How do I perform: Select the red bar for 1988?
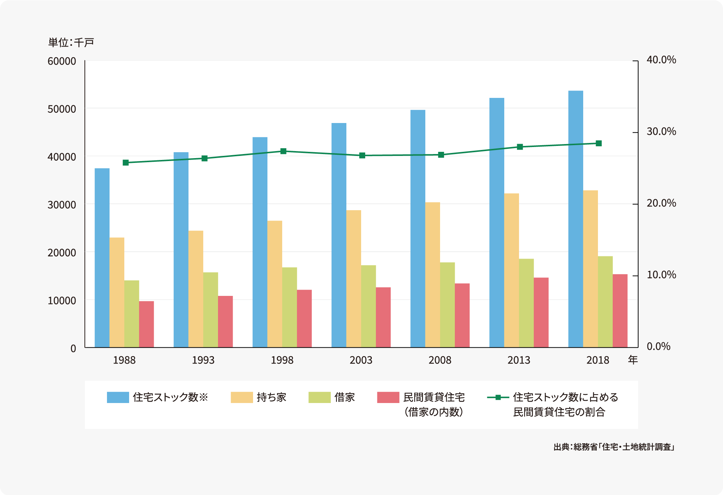click(146, 324)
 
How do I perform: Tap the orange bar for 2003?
click(353, 279)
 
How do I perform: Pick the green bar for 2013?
click(526, 303)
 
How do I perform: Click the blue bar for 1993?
click(181, 250)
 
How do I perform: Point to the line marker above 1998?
click(283, 151)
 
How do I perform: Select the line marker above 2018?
click(599, 143)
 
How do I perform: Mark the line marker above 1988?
click(125, 163)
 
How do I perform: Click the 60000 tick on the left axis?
click(62, 61)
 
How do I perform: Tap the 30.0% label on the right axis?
click(661, 132)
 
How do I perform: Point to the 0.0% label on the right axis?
click(658, 346)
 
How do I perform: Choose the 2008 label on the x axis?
click(440, 360)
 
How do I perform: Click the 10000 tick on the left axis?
click(62, 301)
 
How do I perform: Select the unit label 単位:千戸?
click(71, 42)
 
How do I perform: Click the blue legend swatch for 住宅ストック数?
click(118, 397)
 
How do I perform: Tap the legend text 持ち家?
click(271, 397)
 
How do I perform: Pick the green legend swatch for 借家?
click(319, 397)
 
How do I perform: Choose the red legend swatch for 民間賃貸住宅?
click(388, 397)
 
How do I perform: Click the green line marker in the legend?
click(498, 397)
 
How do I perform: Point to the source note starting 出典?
click(614, 447)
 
